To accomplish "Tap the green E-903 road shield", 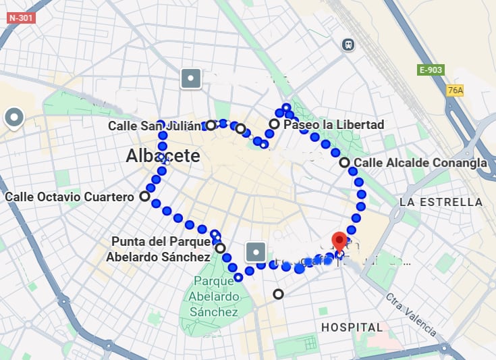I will coord(431,70).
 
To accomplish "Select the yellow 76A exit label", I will coord(456,91).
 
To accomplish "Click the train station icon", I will coord(348,44).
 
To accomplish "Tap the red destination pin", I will coord(339,242).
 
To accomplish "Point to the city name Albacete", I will coord(163,156).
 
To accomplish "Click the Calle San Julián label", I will coord(155,126).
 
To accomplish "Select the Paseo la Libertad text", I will coord(334,125).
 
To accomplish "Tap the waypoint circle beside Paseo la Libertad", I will coord(274,124).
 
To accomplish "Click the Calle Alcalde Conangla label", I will coord(420,163).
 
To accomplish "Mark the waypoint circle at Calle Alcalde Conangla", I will coord(344,162).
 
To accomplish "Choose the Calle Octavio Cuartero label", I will coord(69,197).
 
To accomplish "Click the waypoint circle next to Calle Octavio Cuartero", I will coord(144,197).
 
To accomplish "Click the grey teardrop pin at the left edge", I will coord(14,118).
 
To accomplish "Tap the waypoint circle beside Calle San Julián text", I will coord(211,125).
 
